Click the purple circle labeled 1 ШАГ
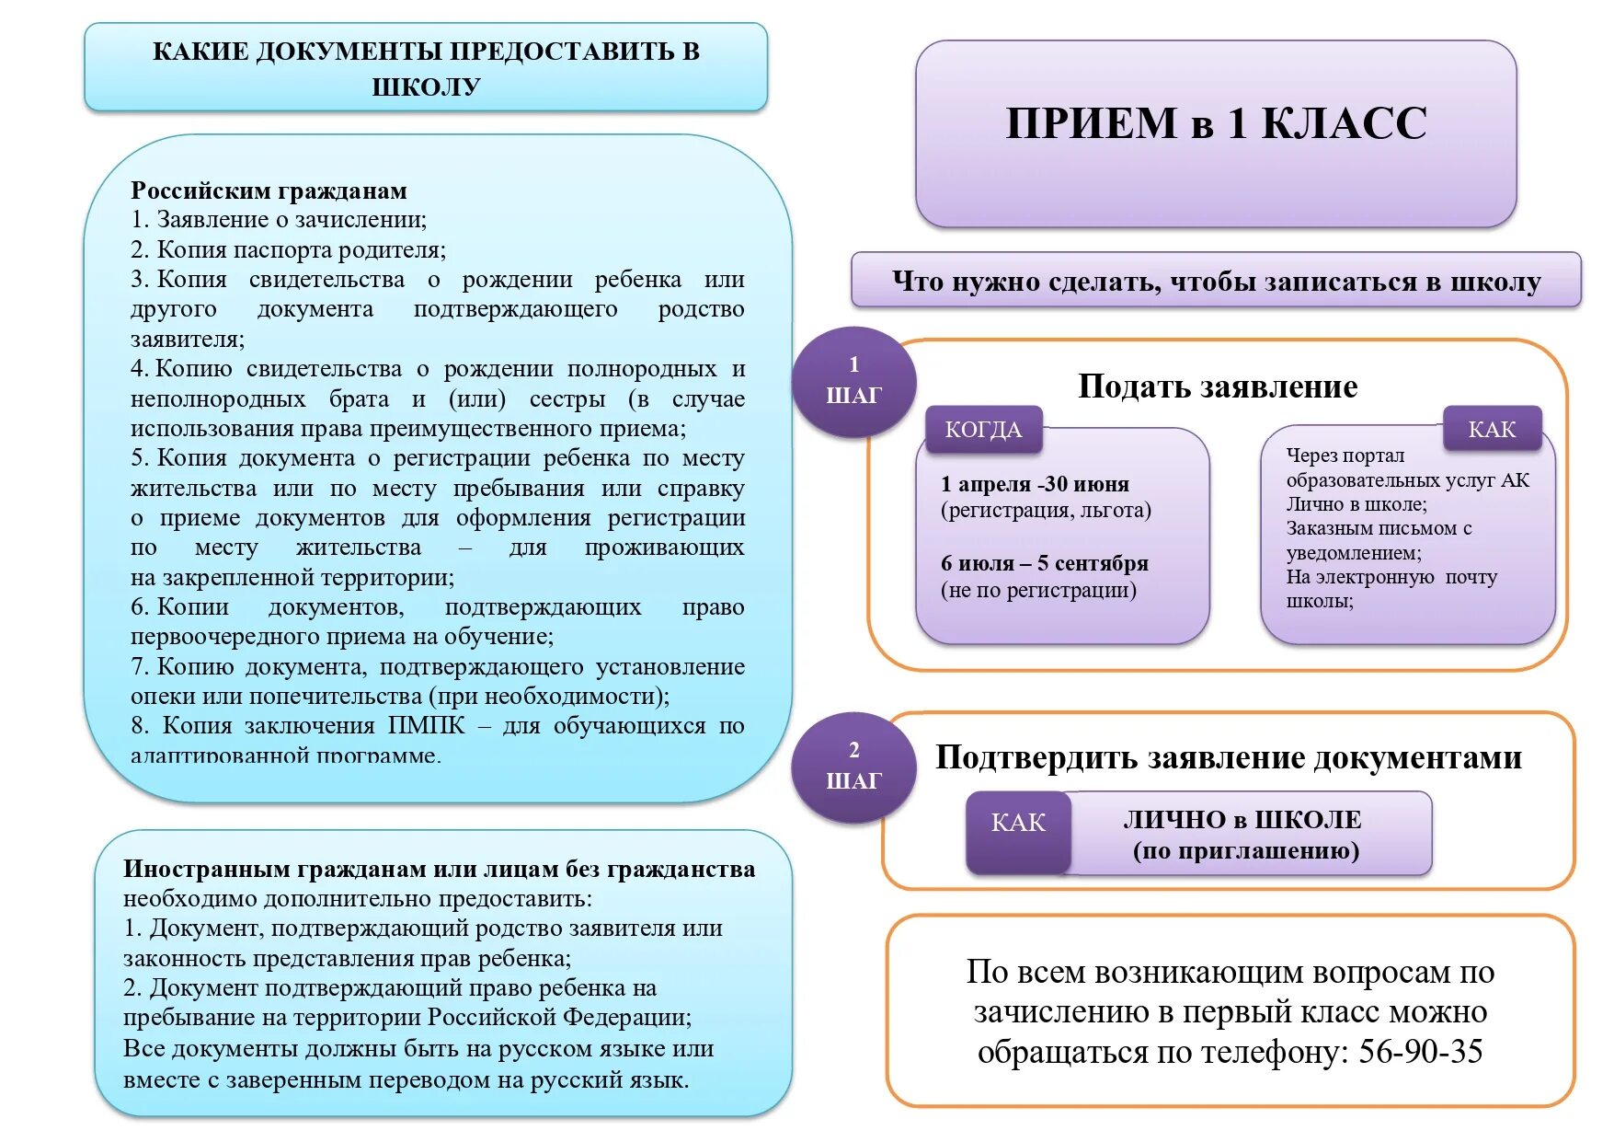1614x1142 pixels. coord(853,381)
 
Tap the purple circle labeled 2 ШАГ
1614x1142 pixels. coord(853,767)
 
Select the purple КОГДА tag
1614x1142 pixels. coord(983,430)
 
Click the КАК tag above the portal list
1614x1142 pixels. coord(1492,430)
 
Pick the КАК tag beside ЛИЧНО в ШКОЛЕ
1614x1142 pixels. coord(1018,823)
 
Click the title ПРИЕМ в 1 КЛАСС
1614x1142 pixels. coord(1216,123)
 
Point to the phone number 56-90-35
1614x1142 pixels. coord(1420,1052)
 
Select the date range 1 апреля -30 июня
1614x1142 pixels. coord(1035,485)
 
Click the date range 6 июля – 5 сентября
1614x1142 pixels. coord(1044,563)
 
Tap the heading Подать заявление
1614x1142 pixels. coord(1217,387)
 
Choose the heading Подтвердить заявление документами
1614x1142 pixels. coord(1228,757)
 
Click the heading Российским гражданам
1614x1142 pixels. coord(269,191)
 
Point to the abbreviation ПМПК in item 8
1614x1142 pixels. coord(427,726)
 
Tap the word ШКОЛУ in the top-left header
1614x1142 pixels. coord(426,87)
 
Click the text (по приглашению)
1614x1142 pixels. coord(1246,851)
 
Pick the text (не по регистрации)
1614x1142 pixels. coord(1038,591)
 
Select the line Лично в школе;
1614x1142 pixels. coord(1356,504)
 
